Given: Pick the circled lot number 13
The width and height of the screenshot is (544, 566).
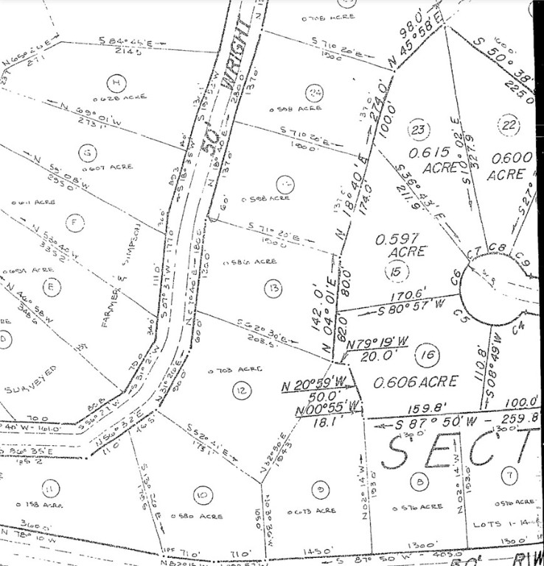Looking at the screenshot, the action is [273, 287].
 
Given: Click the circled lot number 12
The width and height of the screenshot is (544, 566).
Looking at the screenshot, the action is [241, 390].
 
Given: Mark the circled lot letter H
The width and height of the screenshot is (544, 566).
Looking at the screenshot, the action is [115, 81].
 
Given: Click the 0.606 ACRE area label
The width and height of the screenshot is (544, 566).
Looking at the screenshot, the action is [416, 381].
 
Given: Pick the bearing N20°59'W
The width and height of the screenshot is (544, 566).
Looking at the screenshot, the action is [315, 385].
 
